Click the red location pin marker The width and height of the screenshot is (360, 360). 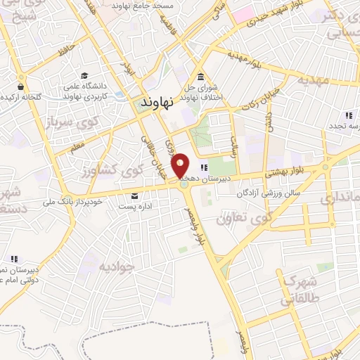181,165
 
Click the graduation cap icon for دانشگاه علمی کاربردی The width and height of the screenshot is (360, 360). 84,75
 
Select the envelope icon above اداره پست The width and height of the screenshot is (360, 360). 134,196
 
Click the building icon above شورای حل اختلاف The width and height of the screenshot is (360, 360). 201,77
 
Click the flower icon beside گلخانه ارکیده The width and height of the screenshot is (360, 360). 6,96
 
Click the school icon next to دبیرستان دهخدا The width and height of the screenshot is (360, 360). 204,167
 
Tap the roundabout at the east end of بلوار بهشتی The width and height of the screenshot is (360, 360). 325,167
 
